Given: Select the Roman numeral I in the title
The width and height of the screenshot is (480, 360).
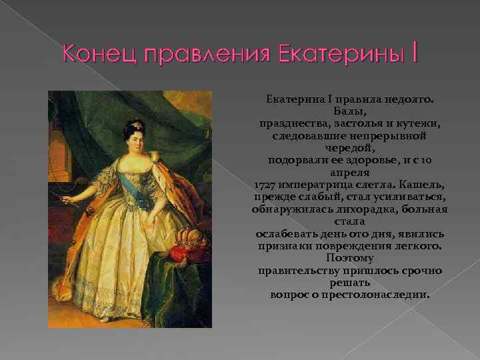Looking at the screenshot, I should click(415, 52).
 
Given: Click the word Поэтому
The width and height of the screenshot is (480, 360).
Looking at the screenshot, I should click(350, 257).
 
